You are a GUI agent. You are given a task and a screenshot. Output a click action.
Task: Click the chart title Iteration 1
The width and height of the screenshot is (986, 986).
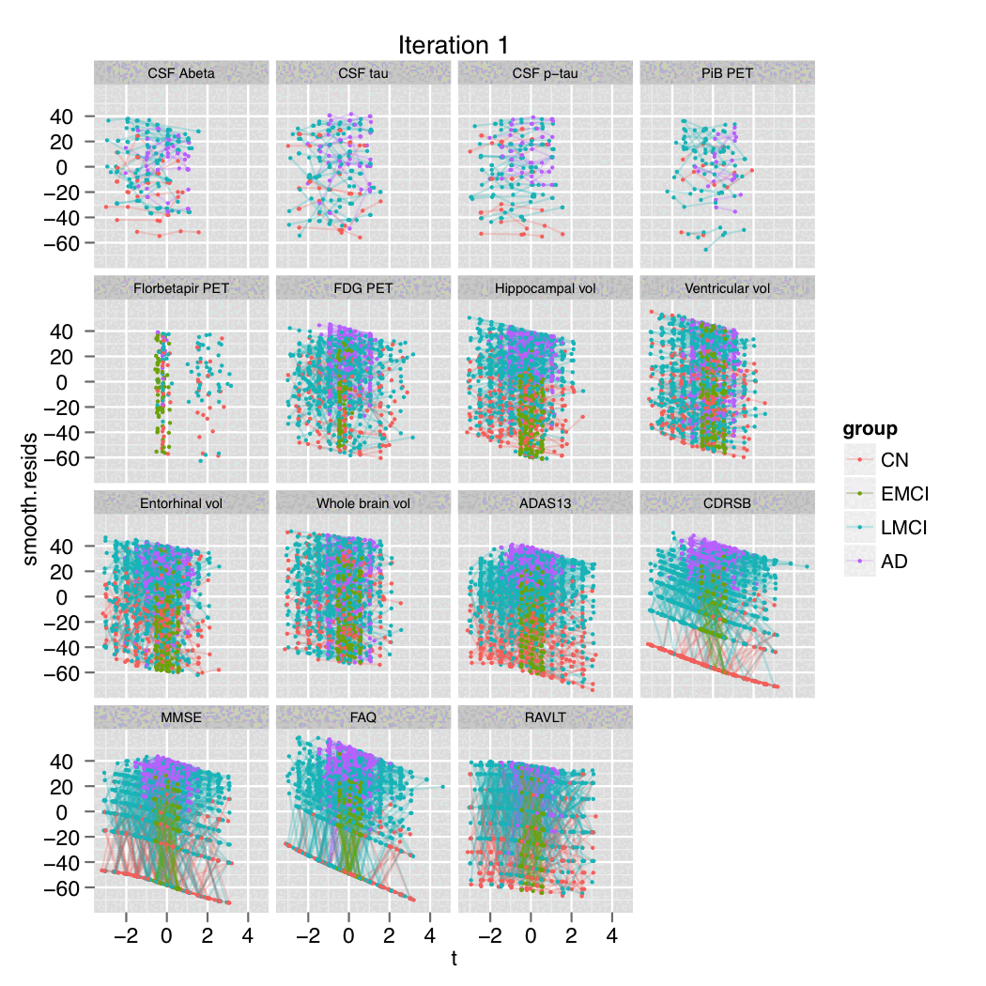tap(454, 45)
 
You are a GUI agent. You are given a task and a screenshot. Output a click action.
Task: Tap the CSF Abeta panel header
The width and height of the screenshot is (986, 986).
tap(181, 73)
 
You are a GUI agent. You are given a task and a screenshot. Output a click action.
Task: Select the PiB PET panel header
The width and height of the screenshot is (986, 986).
tap(727, 73)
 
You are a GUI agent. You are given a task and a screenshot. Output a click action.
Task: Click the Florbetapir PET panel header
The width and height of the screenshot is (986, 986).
tap(181, 288)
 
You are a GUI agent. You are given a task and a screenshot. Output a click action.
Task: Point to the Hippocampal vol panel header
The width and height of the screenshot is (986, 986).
tap(546, 288)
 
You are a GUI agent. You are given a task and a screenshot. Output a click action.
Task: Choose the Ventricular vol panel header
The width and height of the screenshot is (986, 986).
tap(727, 288)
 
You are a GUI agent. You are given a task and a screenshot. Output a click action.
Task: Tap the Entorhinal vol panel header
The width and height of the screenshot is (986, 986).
tap(181, 503)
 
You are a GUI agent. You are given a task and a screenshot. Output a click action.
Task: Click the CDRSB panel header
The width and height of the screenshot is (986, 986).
tap(727, 503)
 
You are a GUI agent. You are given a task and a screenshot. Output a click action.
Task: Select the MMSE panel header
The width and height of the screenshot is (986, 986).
tap(181, 717)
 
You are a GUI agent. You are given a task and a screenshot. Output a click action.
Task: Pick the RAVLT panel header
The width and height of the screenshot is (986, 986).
tap(546, 717)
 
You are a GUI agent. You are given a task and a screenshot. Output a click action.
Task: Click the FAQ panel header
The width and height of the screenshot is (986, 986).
tap(363, 717)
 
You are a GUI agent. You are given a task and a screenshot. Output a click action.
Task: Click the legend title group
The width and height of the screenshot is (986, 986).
tap(869, 430)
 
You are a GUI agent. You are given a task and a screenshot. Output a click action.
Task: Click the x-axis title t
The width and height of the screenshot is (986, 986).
tap(454, 960)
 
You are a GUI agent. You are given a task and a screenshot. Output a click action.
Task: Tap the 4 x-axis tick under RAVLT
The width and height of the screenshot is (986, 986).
tap(612, 936)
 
